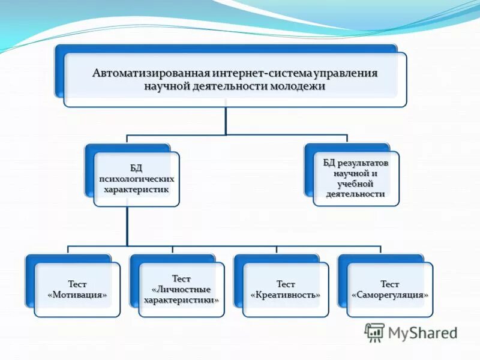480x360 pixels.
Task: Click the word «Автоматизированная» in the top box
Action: point(151,73)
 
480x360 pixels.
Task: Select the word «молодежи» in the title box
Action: point(296,86)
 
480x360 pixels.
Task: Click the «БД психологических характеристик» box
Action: point(136,179)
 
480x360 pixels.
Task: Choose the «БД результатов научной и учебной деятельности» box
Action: point(355,178)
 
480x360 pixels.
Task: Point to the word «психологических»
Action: point(136,179)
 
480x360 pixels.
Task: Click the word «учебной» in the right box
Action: point(355,184)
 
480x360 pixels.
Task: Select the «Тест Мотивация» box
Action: point(77,289)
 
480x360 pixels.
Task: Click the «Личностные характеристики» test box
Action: point(181,289)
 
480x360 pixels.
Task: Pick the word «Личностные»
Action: point(182,289)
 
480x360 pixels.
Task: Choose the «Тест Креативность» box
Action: point(286,289)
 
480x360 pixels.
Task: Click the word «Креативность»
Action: point(286,295)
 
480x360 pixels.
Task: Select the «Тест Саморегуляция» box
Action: point(389,289)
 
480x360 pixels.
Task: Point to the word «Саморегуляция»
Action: point(389,295)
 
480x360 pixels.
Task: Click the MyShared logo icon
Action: point(374,332)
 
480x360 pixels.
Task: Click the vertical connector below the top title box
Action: point(226,120)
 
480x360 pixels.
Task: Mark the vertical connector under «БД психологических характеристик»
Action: point(127,226)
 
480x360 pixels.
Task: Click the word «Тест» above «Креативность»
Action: point(286,284)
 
